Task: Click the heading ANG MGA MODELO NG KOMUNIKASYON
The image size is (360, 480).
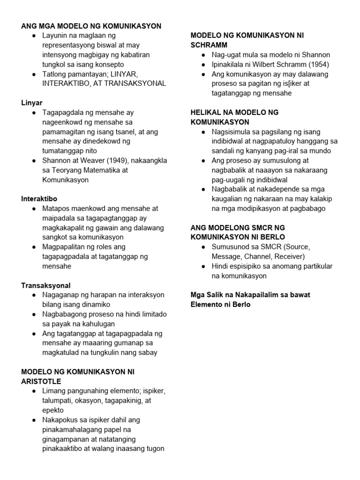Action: click(x=91, y=26)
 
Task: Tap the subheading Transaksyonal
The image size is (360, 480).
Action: click(x=46, y=285)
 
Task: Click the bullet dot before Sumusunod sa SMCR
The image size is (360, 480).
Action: click(x=203, y=247)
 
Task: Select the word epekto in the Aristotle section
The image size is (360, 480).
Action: click(x=53, y=410)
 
